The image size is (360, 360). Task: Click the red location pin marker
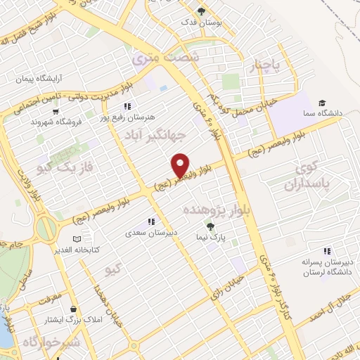(x=181, y=165)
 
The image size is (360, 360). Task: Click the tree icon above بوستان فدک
(x=202, y=11)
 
